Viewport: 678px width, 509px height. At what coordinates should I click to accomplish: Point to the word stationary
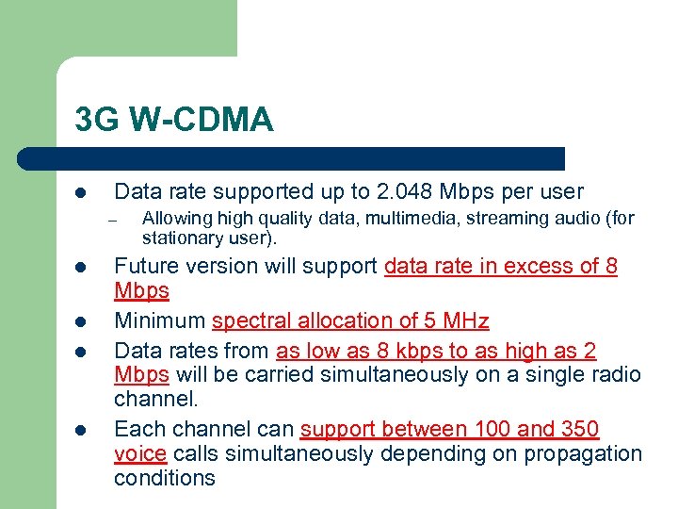[179, 238]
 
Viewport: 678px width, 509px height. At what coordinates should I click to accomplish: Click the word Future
[147, 267]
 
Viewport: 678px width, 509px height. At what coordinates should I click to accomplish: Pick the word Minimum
[159, 321]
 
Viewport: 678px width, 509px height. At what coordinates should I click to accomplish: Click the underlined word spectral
[249, 321]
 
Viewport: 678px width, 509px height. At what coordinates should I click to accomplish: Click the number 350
[579, 430]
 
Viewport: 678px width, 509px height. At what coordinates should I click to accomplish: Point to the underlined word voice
[139, 453]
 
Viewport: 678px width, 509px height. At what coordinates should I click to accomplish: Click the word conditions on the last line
[165, 478]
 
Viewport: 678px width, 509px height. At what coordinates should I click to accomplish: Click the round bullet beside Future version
[82, 268]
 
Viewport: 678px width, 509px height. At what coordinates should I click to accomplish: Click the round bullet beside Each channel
[82, 431]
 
